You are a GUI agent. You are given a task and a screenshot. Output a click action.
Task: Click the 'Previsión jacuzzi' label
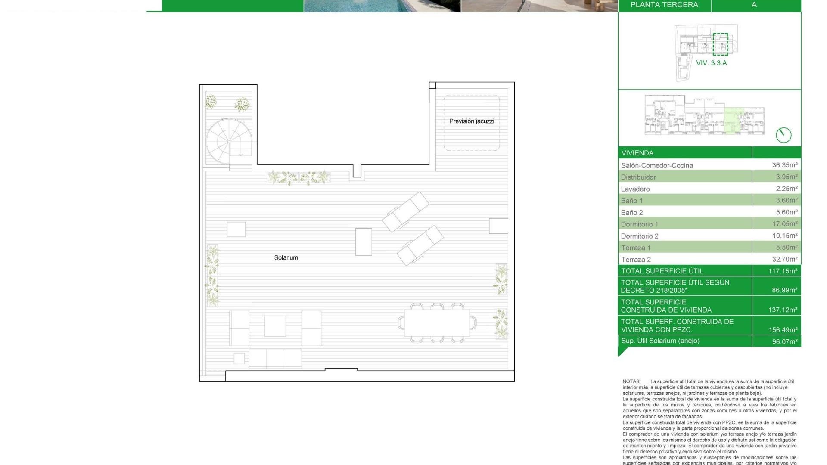[x=472, y=121]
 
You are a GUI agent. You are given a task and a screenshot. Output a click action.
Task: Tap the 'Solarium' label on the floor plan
[x=286, y=257]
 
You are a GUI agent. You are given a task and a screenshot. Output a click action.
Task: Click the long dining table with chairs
[x=437, y=323]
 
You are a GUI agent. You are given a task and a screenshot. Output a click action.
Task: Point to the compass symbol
[x=783, y=135]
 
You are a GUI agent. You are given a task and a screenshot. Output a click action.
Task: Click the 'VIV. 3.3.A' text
[x=711, y=63]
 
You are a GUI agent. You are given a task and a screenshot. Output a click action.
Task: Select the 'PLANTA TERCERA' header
[x=664, y=5]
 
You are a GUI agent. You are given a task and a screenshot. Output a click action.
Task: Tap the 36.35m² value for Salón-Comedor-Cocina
[x=784, y=165]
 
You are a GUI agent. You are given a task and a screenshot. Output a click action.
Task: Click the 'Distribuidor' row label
[x=638, y=177]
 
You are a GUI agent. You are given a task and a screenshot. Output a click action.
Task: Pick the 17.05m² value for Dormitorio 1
[x=784, y=224]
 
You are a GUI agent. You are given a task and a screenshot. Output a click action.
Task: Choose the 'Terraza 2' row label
[x=636, y=260]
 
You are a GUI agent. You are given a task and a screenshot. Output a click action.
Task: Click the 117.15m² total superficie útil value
[x=783, y=271]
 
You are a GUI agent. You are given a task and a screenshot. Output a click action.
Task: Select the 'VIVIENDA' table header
[x=637, y=153]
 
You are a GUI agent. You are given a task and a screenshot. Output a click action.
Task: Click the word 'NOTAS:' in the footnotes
[x=631, y=381]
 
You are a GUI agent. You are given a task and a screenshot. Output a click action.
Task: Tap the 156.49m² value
[x=783, y=330]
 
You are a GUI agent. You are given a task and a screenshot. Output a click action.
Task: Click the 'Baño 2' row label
[x=632, y=212]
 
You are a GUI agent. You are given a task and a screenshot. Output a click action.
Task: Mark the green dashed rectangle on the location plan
[x=720, y=44]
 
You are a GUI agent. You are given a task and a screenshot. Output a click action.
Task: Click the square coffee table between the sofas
[x=275, y=326]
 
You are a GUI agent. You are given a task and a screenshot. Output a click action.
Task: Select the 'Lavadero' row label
[x=635, y=189]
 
